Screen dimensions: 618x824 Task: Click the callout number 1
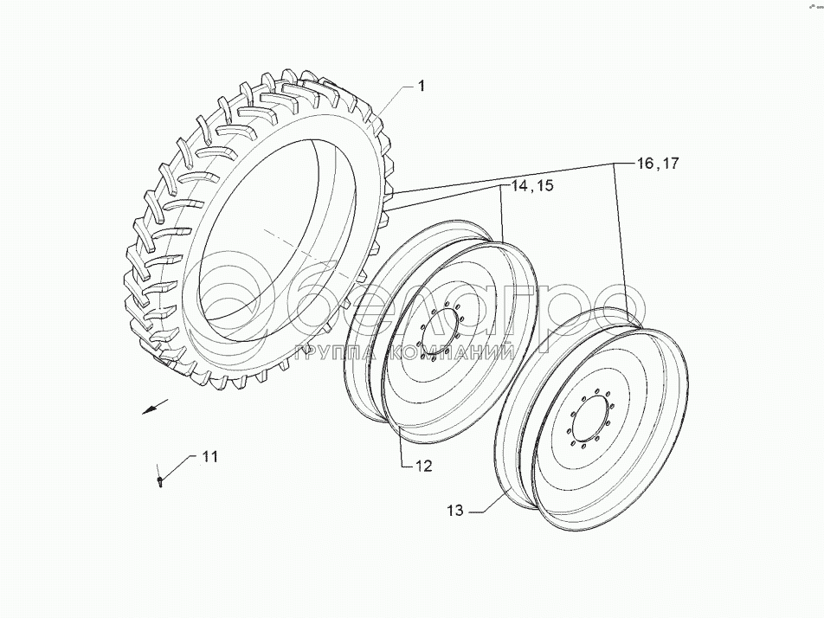[421, 86]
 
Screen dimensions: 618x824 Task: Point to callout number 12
[422, 466]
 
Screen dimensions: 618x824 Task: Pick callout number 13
[458, 512]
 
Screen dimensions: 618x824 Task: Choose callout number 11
[210, 456]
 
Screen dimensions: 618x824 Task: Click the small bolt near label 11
[161, 480]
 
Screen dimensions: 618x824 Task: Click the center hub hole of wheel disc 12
[439, 334]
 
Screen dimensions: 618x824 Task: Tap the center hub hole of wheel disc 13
[586, 418]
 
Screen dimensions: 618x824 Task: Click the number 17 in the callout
[672, 164]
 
